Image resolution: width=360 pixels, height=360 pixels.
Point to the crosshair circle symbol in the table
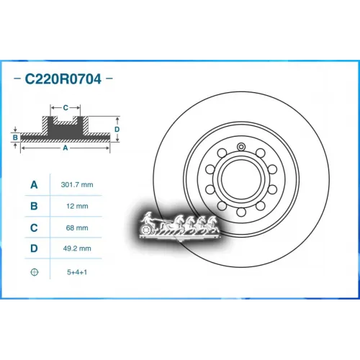[33, 272]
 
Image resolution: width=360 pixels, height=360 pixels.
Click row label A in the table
[33, 185]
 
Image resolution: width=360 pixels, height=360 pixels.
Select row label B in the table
[33, 207]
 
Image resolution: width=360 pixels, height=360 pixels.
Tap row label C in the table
[33, 228]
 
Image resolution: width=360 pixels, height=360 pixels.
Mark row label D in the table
[33, 250]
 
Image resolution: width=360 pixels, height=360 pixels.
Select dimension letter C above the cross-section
[66, 107]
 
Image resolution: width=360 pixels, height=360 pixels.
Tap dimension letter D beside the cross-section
[117, 129]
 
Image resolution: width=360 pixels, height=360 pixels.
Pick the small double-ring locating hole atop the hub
[241, 146]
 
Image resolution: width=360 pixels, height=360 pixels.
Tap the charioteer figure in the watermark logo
[147, 217]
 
